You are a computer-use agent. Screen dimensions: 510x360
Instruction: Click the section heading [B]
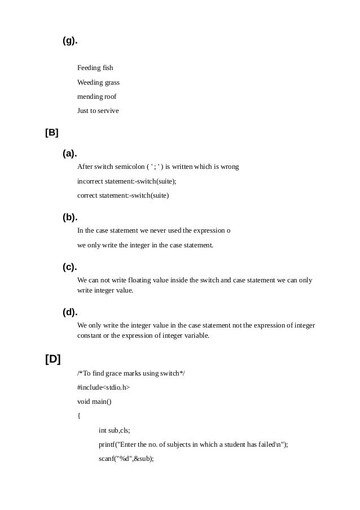tap(52, 133)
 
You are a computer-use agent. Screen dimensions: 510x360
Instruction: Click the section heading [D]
tap(52, 359)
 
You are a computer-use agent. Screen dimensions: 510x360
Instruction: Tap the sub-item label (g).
tap(70, 41)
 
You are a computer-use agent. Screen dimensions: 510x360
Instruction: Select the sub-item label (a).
tap(70, 154)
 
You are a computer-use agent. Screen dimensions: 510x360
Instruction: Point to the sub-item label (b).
tap(70, 217)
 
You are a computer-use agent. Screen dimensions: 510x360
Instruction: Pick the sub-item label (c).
tap(70, 267)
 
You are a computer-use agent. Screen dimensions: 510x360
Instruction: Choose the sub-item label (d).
tap(70, 312)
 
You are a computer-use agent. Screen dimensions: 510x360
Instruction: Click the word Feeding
tap(89, 68)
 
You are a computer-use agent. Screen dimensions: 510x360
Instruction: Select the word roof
tap(110, 97)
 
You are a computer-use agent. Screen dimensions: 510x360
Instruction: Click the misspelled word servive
tap(109, 111)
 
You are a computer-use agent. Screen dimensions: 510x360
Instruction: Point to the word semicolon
tap(129, 167)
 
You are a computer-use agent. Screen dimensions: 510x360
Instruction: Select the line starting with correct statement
tap(122, 195)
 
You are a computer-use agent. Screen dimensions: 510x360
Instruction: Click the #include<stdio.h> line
tap(103, 387)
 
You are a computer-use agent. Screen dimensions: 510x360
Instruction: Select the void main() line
tap(94, 402)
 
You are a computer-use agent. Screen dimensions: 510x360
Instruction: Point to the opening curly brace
tap(79, 416)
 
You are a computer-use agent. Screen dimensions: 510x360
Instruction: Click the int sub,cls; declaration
tap(114, 430)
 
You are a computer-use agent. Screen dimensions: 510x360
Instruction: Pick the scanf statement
tap(126, 459)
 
